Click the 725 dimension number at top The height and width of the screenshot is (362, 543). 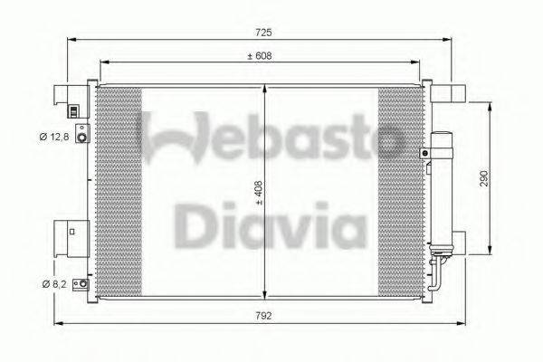click(x=262, y=32)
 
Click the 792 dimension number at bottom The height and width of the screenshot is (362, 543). click(x=263, y=316)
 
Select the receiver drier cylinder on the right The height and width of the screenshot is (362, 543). click(x=443, y=191)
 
